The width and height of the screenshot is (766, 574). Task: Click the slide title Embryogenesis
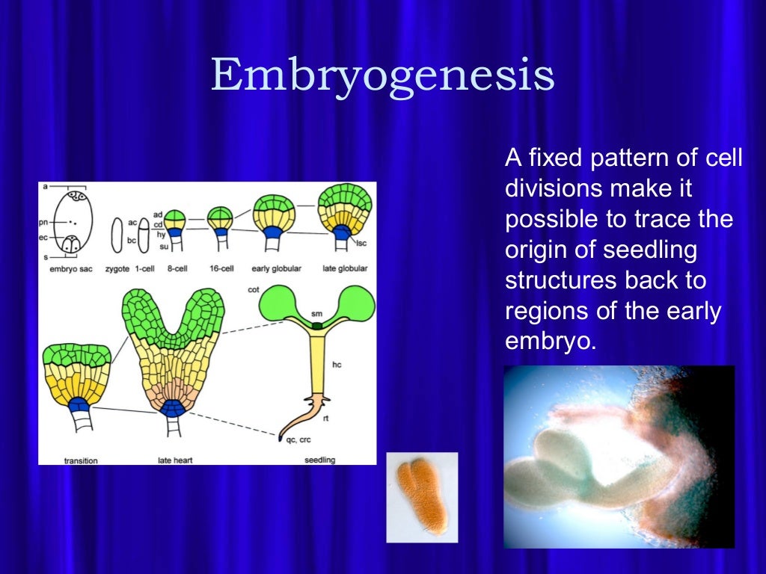coord(382,76)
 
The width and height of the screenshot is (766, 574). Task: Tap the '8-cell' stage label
coord(177,268)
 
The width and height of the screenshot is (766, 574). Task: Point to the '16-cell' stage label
coord(221,268)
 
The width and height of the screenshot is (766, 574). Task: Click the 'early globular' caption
coord(274,268)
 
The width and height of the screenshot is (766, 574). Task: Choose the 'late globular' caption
coord(346,268)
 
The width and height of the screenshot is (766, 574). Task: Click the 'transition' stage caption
coord(81,460)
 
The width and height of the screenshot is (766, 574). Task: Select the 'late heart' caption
coord(175,460)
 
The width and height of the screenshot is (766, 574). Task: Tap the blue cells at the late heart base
coord(174,408)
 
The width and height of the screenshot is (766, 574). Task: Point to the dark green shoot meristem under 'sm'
coord(317,326)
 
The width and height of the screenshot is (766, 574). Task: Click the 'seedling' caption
coord(319,460)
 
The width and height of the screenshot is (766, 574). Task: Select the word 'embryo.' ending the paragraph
coord(551,341)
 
